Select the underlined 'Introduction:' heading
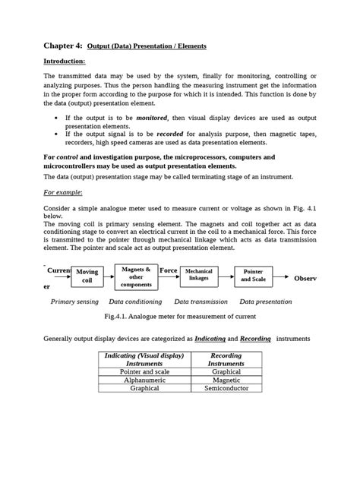click(x=64, y=61)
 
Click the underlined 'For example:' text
click(x=63, y=193)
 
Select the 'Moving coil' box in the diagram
click(x=87, y=276)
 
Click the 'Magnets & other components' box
click(x=136, y=277)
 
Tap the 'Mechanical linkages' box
click(x=198, y=275)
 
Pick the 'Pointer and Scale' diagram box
click(x=253, y=275)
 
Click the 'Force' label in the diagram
click(x=168, y=270)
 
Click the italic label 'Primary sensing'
click(x=74, y=302)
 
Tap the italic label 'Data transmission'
click(x=202, y=302)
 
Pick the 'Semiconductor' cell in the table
click(x=227, y=388)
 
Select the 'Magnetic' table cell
click(x=227, y=380)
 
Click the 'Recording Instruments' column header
click(x=227, y=359)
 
